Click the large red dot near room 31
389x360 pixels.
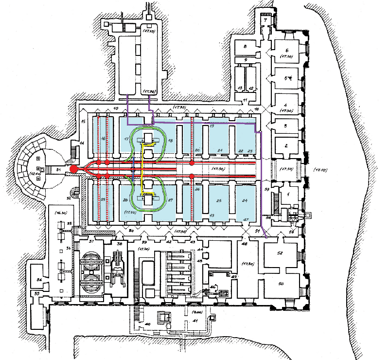pyautogui.click(x=73, y=169)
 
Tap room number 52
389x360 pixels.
pyautogui.click(x=280, y=253)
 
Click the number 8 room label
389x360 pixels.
pyautogui.click(x=246, y=47)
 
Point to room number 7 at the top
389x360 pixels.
pyautogui.click(x=265, y=20)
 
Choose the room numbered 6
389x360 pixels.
pyautogui.click(x=287, y=50)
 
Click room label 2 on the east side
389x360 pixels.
pyautogui.click(x=286, y=145)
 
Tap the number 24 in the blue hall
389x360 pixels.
pyautogui.click(x=246, y=200)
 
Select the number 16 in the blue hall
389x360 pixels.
pyautogui.click(x=103, y=138)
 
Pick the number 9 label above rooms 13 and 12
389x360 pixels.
pyautogui.click(x=247, y=60)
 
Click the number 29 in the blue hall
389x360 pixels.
pyautogui.click(x=103, y=200)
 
